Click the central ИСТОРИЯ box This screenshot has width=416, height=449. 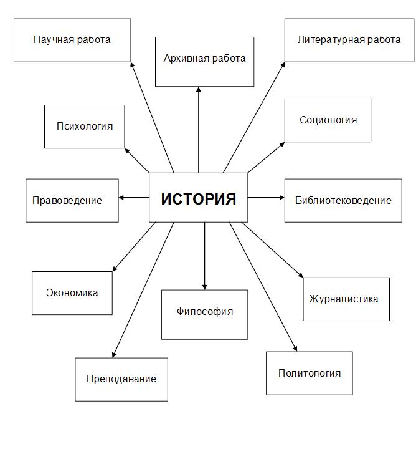199,198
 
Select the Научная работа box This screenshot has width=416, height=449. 72,41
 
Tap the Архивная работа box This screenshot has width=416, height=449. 204,62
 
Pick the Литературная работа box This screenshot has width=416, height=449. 349,41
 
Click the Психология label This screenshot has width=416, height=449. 85,126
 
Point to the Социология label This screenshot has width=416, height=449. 328,120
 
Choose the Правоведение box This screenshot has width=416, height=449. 72,200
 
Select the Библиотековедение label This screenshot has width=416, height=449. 343,200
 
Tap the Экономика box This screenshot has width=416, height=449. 72,293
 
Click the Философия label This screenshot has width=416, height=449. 205,311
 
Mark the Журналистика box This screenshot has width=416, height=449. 346,299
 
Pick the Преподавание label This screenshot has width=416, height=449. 121,379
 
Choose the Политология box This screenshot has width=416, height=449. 310,373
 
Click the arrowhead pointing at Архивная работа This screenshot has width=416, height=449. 199,89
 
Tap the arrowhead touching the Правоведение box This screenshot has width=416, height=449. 121,198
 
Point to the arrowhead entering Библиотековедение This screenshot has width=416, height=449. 282,198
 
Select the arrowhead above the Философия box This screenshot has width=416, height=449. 204,287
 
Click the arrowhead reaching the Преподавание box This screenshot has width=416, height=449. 114,355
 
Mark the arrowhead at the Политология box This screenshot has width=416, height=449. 296,349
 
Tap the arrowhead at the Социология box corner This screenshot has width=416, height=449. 282,144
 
